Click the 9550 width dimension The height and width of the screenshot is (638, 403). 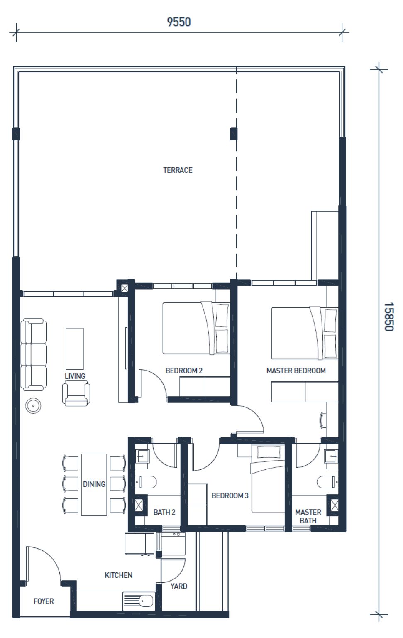tap(179, 22)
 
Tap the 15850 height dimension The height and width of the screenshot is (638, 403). tap(388, 317)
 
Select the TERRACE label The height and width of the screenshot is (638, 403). tap(178, 170)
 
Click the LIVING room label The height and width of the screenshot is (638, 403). tap(75, 376)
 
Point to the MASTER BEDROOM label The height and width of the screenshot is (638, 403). tap(296, 371)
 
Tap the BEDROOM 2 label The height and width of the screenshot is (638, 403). tap(184, 371)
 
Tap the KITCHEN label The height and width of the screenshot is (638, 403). tap(118, 575)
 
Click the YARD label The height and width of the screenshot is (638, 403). tap(179, 586)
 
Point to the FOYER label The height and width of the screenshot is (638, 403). tap(44, 601)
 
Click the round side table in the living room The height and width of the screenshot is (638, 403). tap(33, 405)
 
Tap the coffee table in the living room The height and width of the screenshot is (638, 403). tap(75, 348)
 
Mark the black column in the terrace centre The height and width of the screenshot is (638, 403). tap(233, 134)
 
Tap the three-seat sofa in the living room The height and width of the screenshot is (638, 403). tap(34, 354)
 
